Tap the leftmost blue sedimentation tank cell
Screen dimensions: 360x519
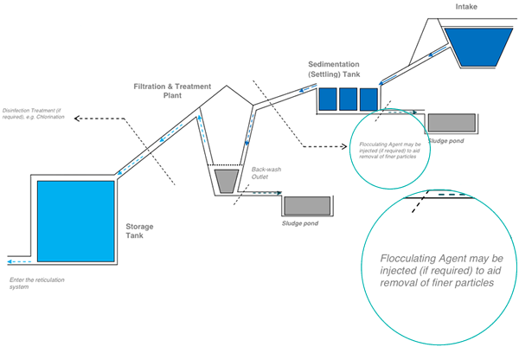pyautogui.click(x=328, y=99)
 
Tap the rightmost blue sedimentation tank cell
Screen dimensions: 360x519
pyautogui.click(x=369, y=99)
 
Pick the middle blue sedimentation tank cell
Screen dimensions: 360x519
pyautogui.click(x=349, y=99)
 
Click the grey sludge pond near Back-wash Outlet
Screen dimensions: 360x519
pyautogui.click(x=307, y=205)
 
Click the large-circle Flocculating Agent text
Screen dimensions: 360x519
pyautogui.click(x=442, y=270)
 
